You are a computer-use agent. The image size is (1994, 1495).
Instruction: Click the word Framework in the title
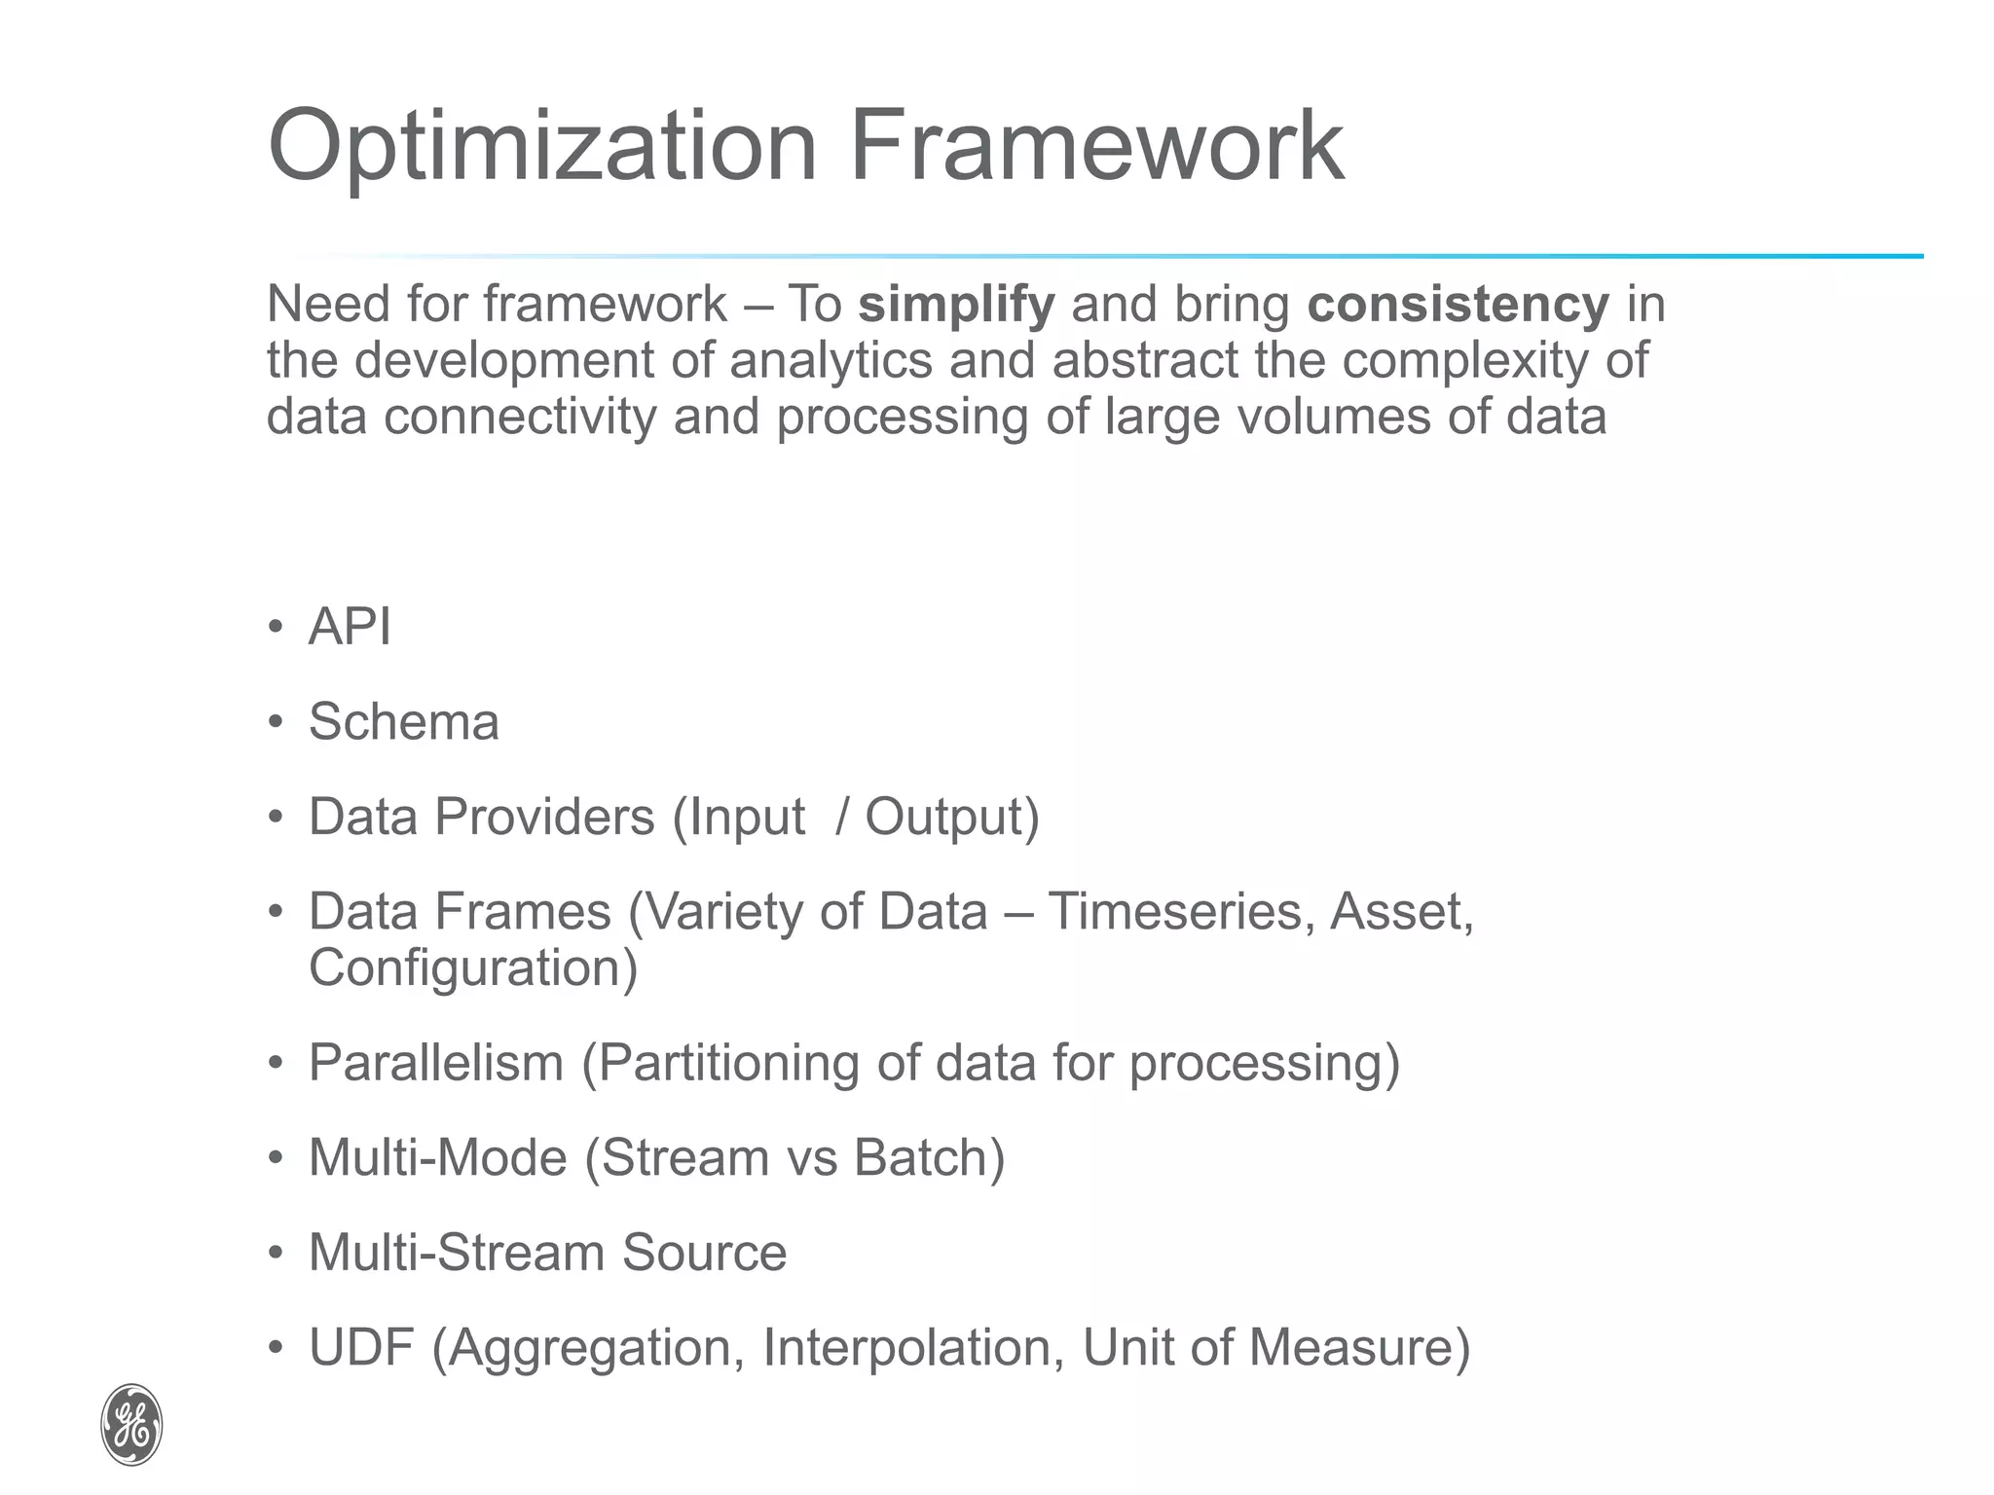coord(1096,146)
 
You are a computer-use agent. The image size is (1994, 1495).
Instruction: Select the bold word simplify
coord(956,305)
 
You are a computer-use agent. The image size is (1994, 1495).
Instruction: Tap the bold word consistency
coord(1458,305)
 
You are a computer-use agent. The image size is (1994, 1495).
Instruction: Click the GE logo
coord(131,1424)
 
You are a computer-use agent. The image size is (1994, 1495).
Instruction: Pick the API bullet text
coord(350,626)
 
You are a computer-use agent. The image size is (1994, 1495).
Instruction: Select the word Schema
coord(403,722)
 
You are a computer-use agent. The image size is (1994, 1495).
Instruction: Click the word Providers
coord(544,817)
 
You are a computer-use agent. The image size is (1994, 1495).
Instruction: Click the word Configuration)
coord(473,967)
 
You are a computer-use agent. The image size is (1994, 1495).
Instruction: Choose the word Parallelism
coord(436,1062)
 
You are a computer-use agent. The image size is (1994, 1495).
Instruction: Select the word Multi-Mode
coord(437,1157)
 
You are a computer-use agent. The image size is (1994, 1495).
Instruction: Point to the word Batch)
coord(929,1157)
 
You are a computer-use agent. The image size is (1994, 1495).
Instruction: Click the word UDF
coord(361,1347)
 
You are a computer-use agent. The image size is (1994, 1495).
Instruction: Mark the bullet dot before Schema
coord(277,722)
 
